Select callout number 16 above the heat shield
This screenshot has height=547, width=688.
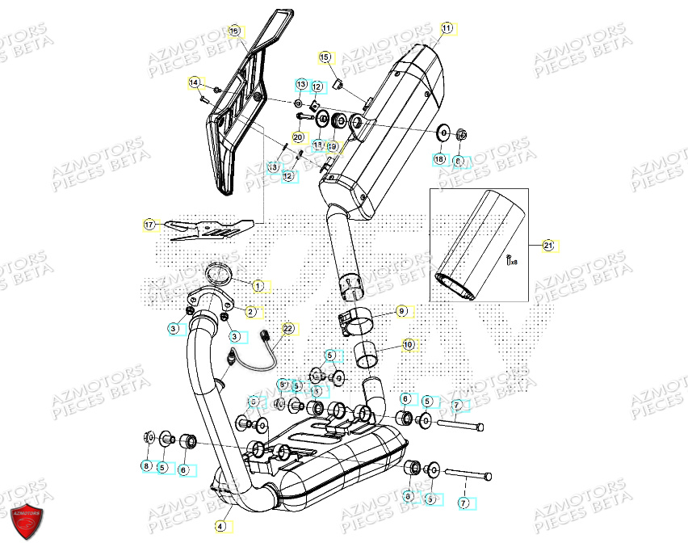[234, 32]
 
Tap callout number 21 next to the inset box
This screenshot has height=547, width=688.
[548, 245]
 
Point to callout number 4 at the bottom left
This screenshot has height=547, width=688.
[220, 525]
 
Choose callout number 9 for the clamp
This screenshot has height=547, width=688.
[401, 311]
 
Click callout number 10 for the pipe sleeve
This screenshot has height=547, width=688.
[408, 344]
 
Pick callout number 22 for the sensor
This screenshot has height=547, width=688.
[287, 329]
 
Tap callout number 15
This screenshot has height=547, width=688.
[325, 57]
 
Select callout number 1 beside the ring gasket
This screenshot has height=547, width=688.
[258, 285]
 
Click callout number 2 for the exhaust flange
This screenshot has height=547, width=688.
[250, 311]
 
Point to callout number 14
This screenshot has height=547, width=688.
[194, 82]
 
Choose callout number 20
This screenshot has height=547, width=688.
[297, 137]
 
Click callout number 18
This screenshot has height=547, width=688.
[439, 160]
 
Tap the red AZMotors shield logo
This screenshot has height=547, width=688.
[23, 523]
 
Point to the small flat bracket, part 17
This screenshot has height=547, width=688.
[208, 229]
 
